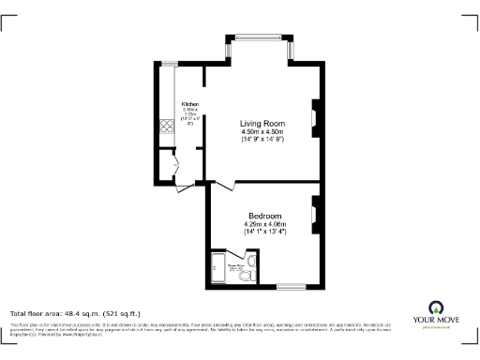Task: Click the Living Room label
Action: click(x=262, y=123)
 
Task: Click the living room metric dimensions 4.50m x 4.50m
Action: click(x=262, y=132)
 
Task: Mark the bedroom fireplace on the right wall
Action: click(x=316, y=214)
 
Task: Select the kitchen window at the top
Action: click(x=170, y=63)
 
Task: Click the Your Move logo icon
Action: click(x=435, y=307)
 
